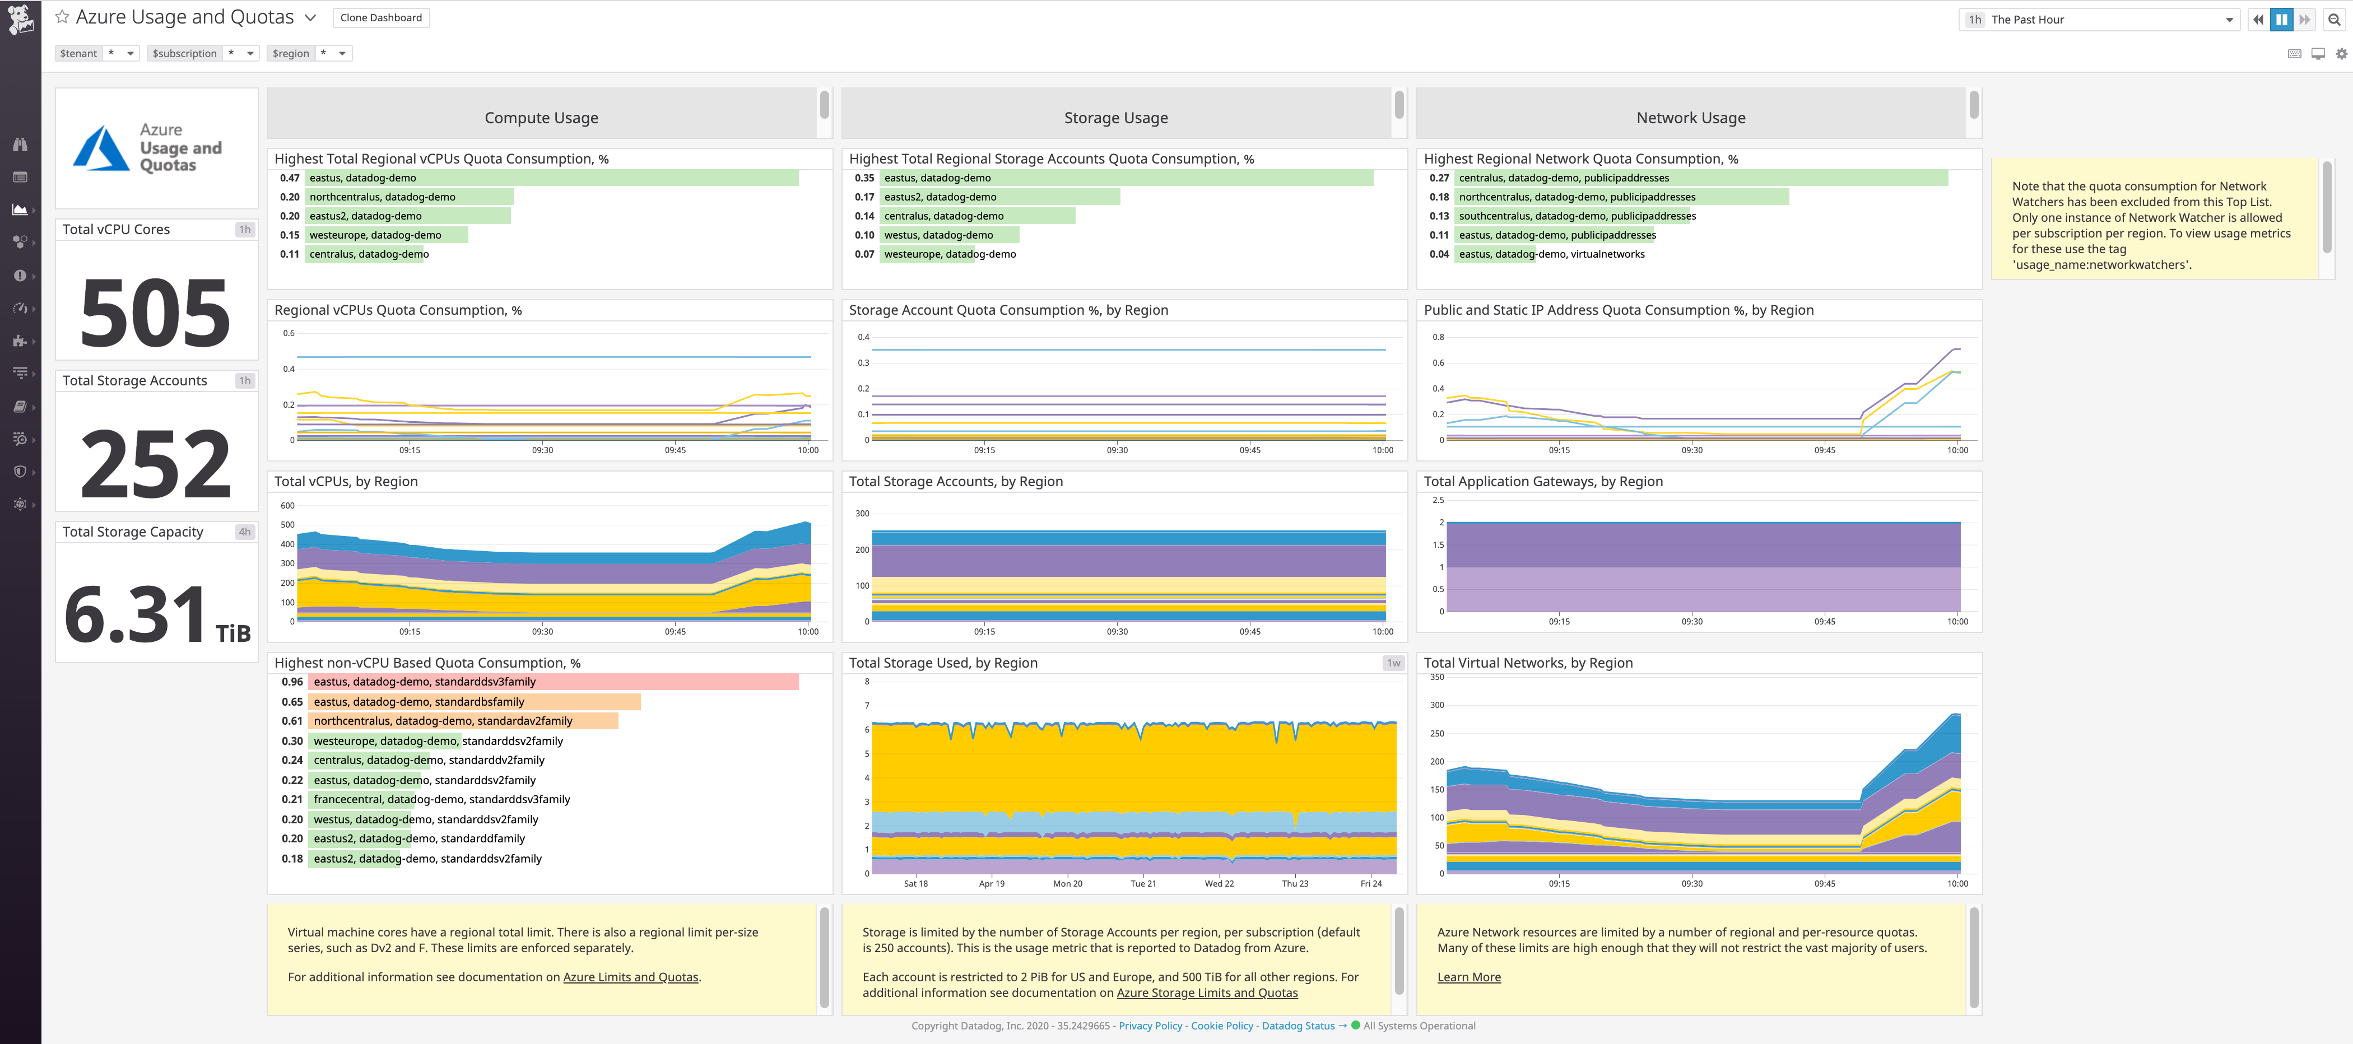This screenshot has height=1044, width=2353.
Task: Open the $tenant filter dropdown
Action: point(120,54)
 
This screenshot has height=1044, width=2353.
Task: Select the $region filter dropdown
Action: point(332,54)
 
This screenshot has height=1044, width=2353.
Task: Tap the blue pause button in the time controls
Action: point(2281,19)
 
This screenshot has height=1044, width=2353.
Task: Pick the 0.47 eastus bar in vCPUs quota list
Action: point(552,178)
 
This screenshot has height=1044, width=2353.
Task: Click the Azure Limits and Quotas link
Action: point(630,977)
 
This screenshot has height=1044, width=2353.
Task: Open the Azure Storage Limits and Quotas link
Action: point(1207,993)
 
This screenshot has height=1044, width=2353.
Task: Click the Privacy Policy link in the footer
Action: point(1150,1026)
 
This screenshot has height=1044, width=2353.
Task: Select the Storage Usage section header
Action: point(1115,118)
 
